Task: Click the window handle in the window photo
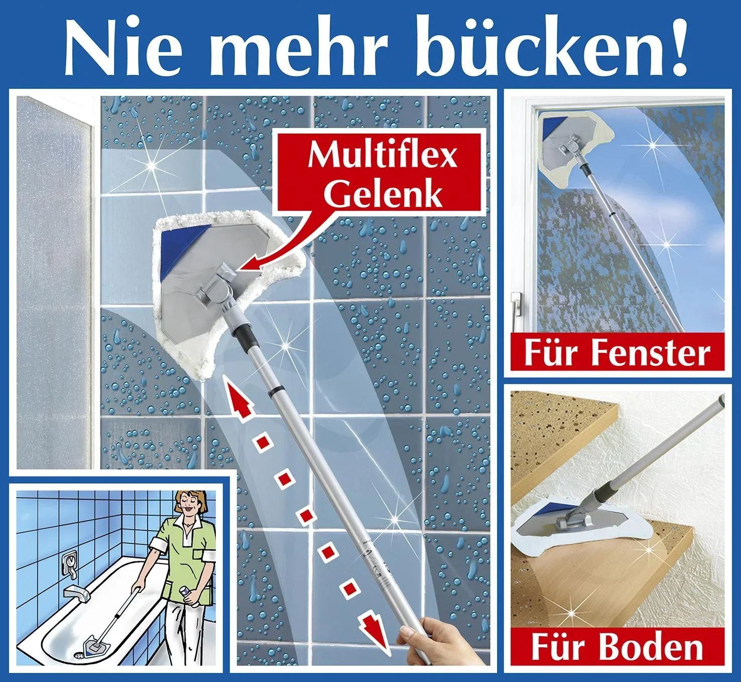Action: [x=515, y=306]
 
